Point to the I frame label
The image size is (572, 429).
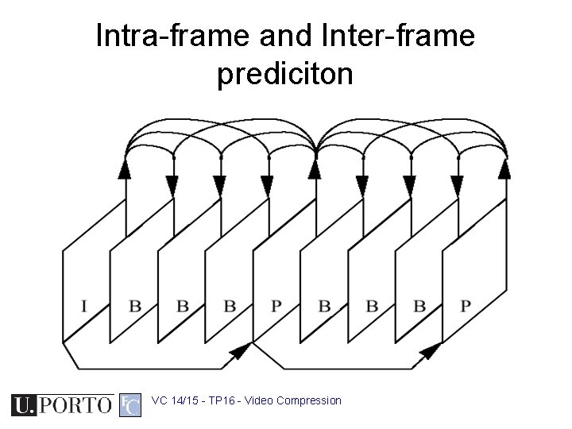pos(84,305)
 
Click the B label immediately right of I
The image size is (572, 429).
pos(134,305)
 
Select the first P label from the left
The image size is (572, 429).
pos(276,305)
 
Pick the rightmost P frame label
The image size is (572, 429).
pos(466,305)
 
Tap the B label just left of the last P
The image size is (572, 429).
pos(418,305)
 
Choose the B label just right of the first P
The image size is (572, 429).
pos(323,305)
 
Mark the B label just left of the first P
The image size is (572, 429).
pos(229,305)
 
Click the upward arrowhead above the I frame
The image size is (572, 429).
pos(126,168)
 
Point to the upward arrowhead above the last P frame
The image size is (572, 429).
pos(504,168)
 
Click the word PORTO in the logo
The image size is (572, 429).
pos(75,405)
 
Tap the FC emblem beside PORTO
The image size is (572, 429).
pos(129,405)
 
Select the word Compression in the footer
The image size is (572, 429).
pos(310,400)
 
